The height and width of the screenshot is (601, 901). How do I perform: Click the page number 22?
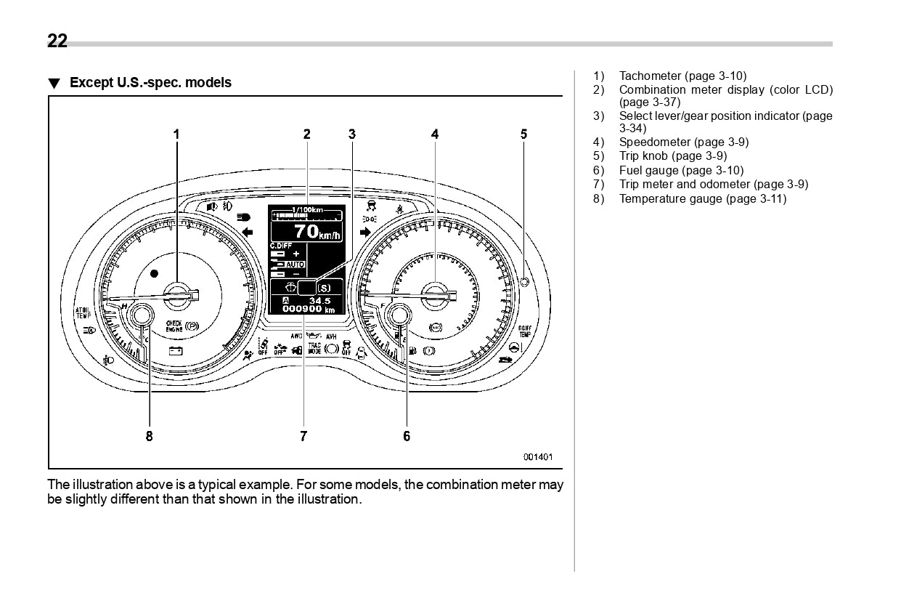[x=57, y=41]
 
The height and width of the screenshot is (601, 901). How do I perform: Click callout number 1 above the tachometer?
[x=176, y=134]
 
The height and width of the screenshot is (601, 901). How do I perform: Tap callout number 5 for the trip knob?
[x=523, y=134]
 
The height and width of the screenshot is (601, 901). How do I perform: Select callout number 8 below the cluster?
[x=150, y=436]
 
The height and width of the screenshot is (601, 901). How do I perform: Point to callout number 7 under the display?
[x=303, y=436]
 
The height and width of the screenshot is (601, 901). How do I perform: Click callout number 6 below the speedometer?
[x=407, y=436]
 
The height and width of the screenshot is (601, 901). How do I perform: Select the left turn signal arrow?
[x=248, y=233]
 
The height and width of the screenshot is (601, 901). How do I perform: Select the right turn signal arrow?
[x=365, y=233]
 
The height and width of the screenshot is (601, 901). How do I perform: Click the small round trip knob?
[x=525, y=281]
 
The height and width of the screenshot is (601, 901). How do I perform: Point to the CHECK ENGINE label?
[x=174, y=326]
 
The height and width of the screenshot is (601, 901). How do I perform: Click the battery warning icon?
[x=176, y=352]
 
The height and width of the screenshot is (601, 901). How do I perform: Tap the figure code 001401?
[x=538, y=457]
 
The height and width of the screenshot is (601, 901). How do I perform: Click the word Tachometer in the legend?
[x=650, y=76]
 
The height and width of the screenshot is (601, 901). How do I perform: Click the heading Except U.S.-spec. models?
[x=150, y=83]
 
